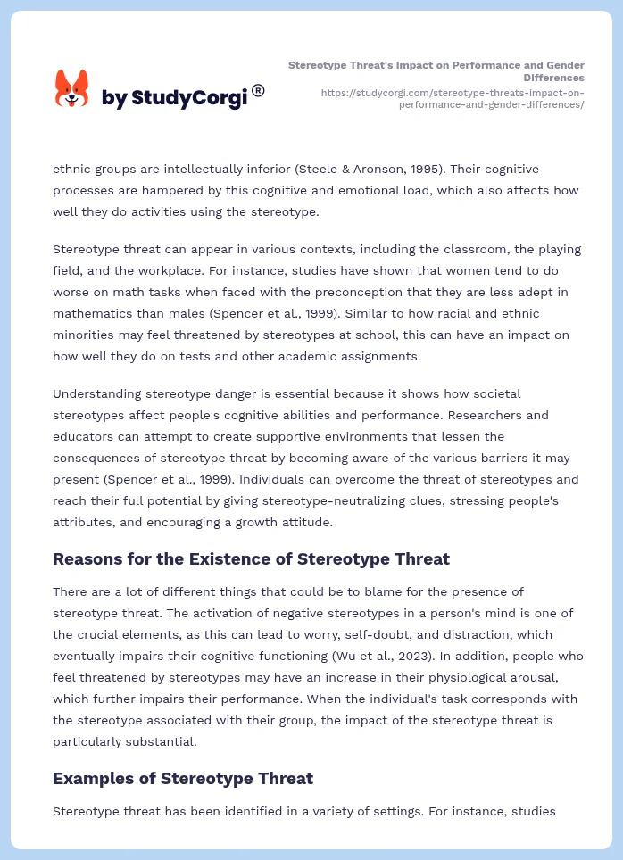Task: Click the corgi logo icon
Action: pos(72,88)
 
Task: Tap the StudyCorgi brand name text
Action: pos(174,98)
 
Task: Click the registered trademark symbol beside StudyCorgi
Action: pos(258,90)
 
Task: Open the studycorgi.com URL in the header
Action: pos(452,98)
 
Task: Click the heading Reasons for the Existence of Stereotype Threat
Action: pos(251,559)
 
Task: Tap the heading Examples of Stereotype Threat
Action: pos(183,778)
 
